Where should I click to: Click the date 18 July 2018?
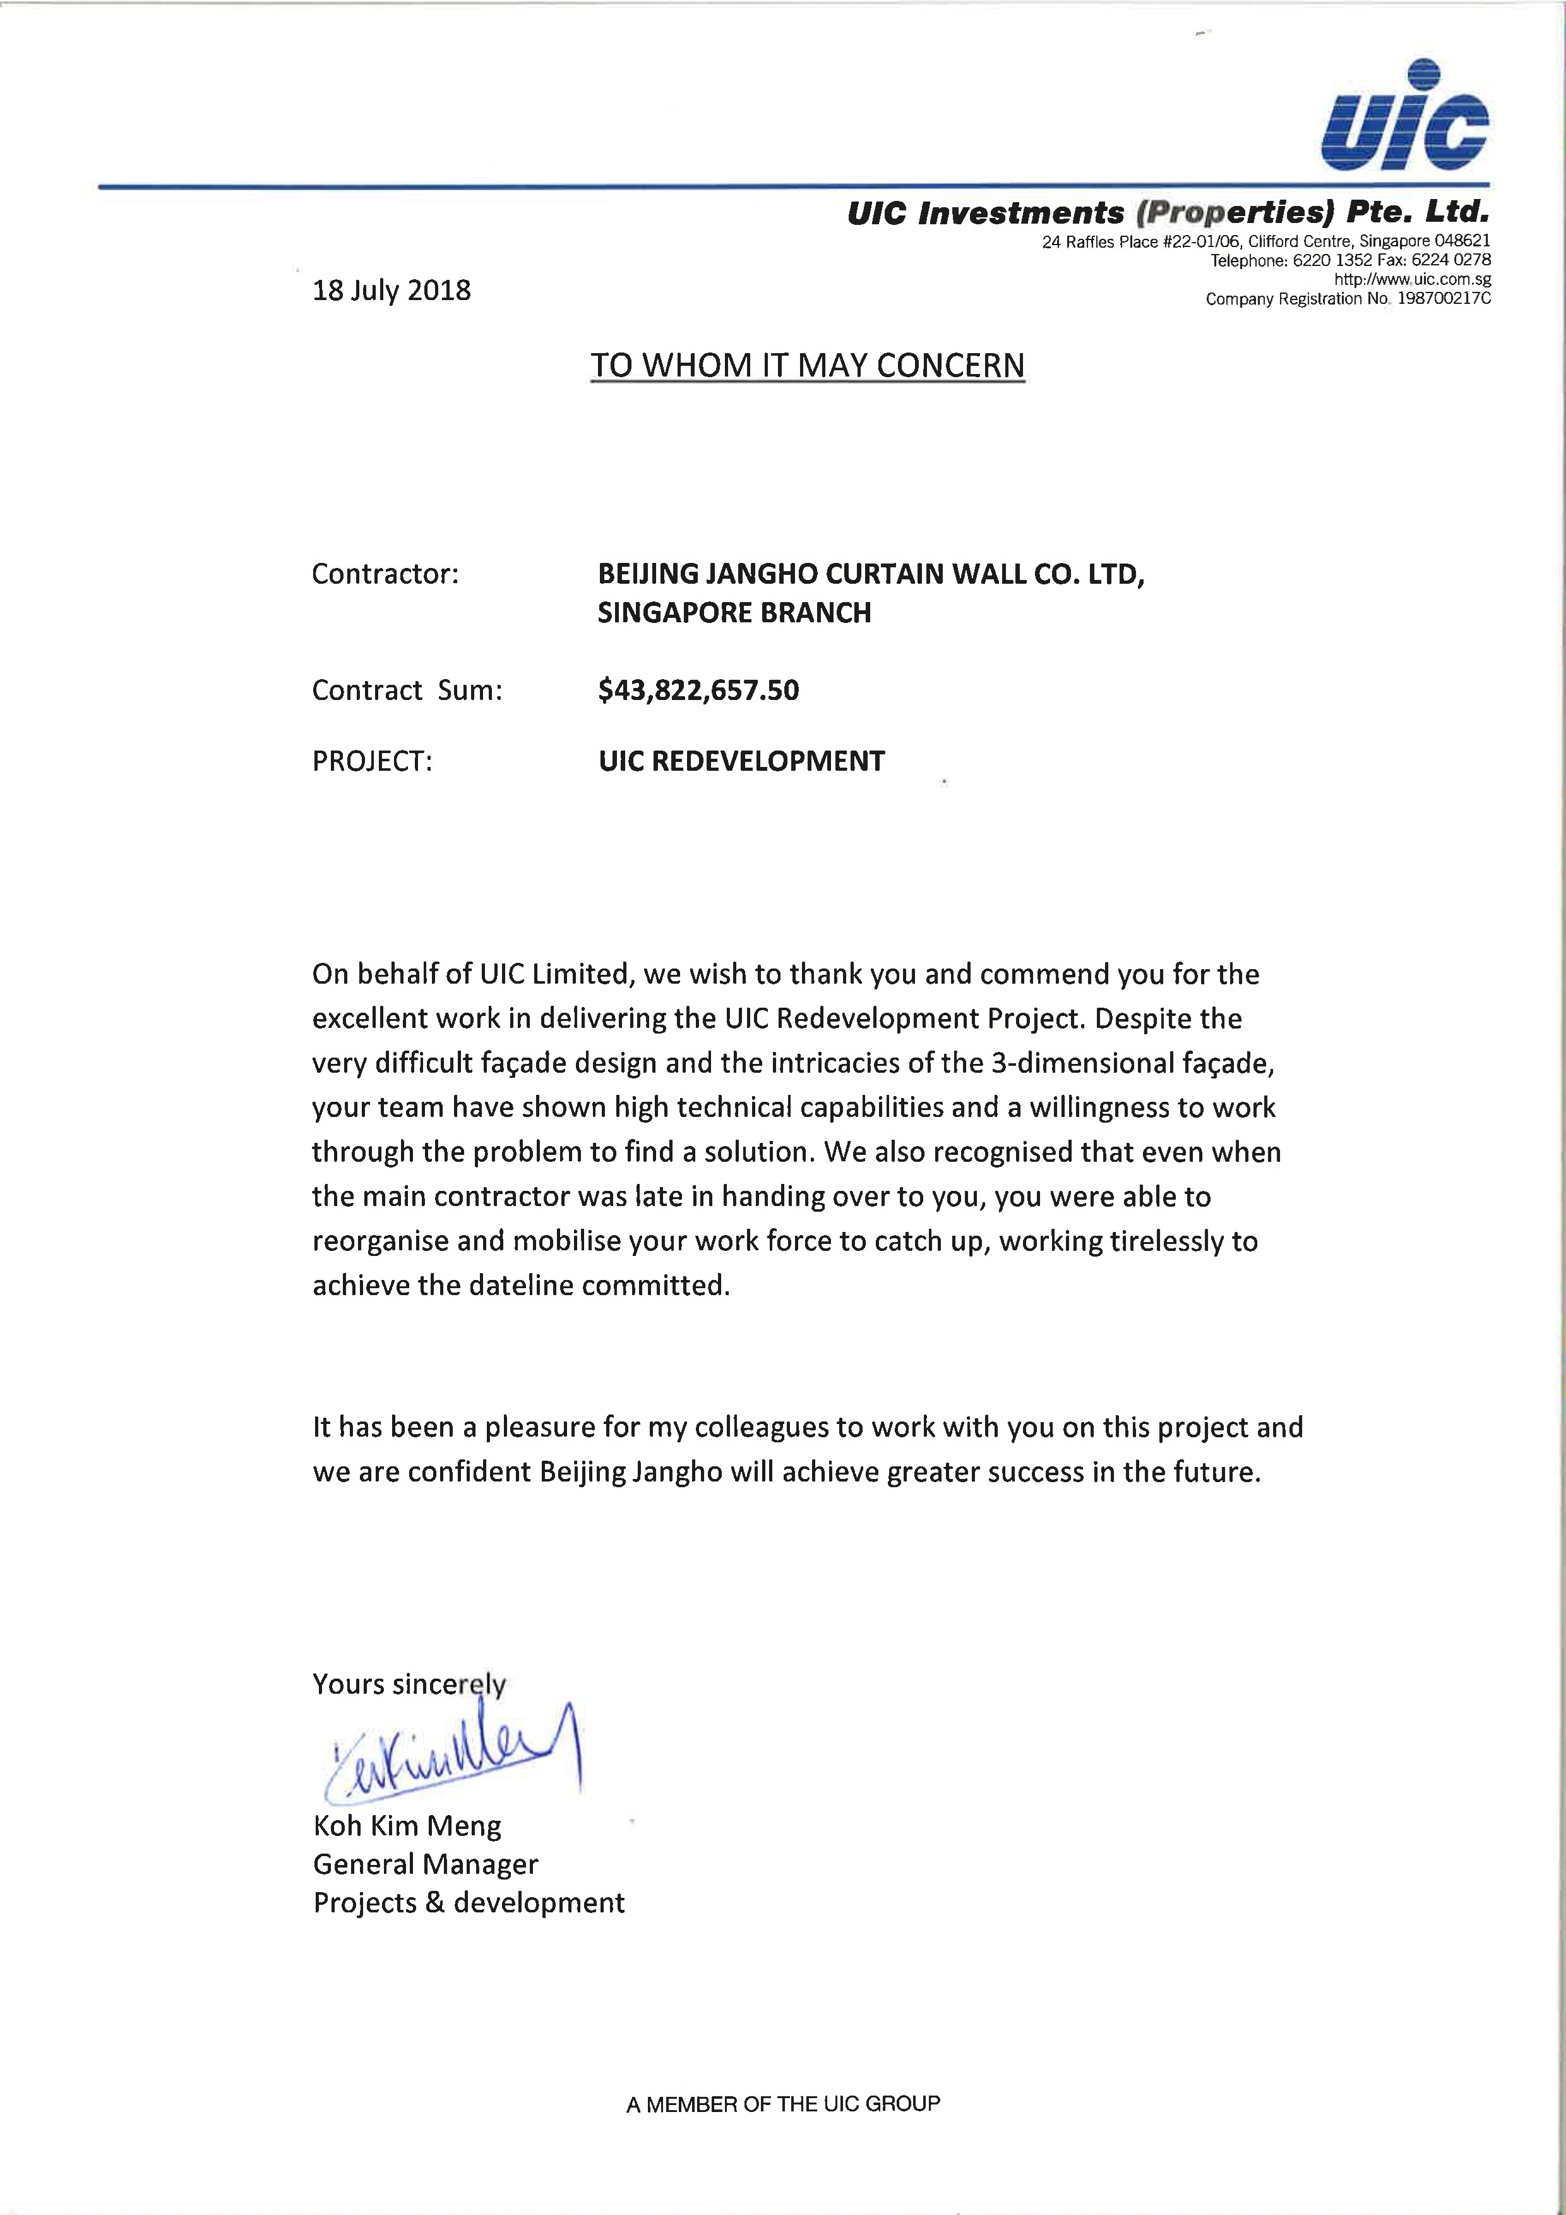tap(391, 291)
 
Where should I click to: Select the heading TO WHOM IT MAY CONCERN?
tap(807, 366)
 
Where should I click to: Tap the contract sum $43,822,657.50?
tap(698, 690)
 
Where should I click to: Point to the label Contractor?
tap(385, 574)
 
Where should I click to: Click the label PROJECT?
tap(372, 761)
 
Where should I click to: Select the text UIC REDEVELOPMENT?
tap(741, 761)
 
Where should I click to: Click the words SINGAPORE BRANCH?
tap(734, 613)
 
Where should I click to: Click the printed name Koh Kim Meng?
tap(407, 1826)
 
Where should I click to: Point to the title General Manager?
tap(425, 1865)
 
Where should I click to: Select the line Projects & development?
tap(469, 1904)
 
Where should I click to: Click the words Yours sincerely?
tap(409, 1684)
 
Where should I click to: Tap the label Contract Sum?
tap(407, 691)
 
